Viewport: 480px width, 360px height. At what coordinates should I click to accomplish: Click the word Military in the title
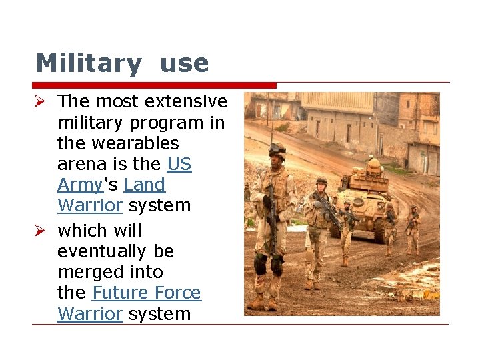tap(88, 64)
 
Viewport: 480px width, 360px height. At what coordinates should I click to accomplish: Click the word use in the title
tap(185, 64)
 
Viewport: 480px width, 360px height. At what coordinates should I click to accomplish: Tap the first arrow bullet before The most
tap(42, 101)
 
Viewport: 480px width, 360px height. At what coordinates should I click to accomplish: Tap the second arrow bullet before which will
tap(42, 231)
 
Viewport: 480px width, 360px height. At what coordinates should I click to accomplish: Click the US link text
tap(179, 164)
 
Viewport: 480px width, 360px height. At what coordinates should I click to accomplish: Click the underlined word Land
tap(144, 185)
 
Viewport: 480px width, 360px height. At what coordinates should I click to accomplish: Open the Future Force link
tap(147, 293)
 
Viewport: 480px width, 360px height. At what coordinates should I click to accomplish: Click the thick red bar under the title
tap(153, 85)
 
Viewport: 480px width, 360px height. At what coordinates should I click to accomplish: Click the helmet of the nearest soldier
tap(276, 149)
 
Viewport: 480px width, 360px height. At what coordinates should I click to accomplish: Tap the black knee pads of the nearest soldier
tap(267, 263)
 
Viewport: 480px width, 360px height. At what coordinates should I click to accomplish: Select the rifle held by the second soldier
tap(328, 212)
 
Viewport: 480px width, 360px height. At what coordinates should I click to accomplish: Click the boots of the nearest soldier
tap(264, 303)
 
